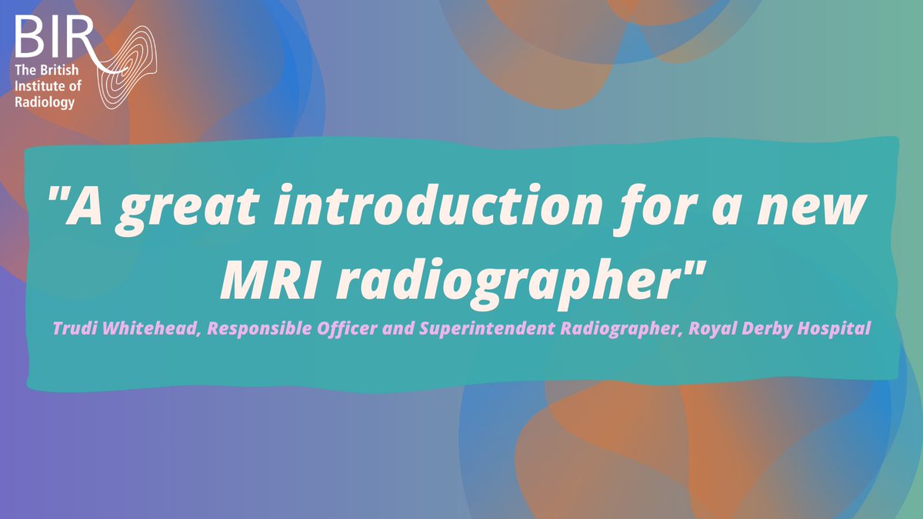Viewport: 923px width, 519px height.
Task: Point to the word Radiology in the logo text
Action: (x=45, y=101)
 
